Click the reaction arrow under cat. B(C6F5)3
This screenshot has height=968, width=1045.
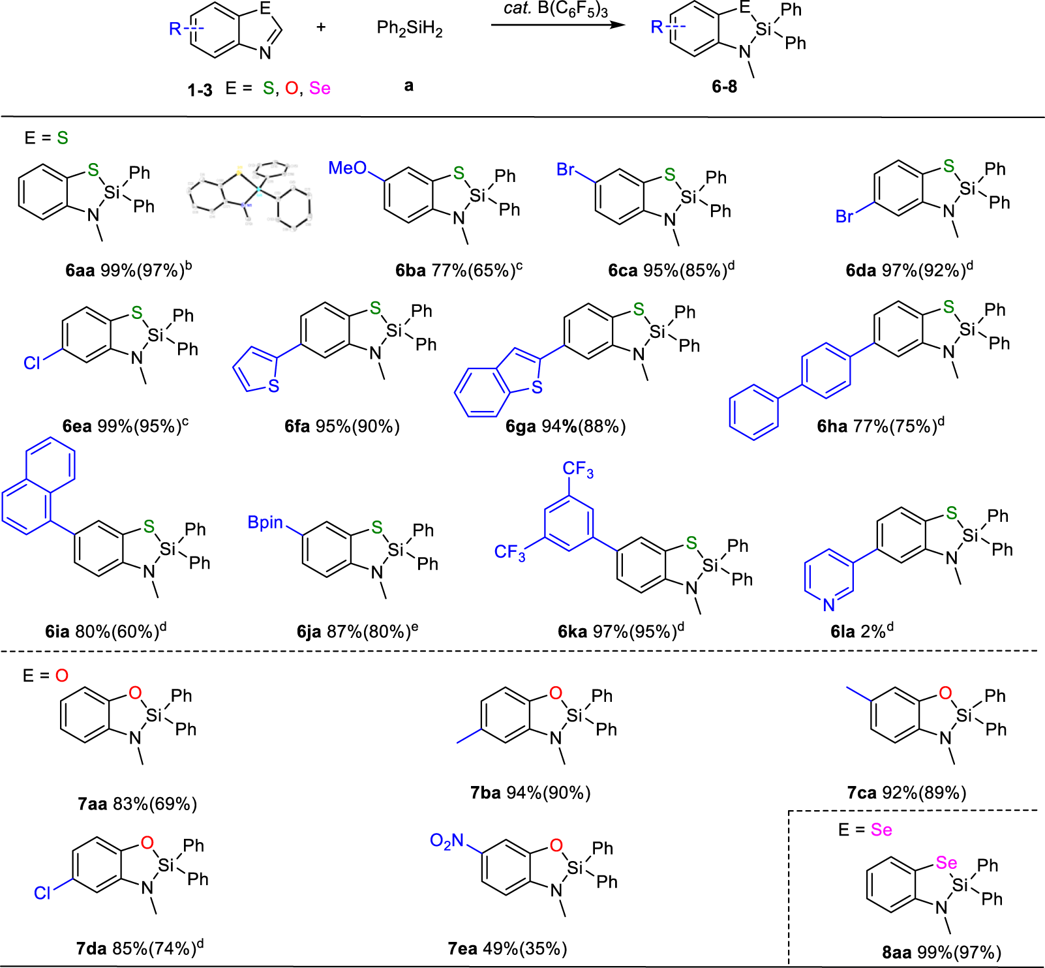[x=558, y=25]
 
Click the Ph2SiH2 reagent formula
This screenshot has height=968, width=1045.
[x=410, y=29]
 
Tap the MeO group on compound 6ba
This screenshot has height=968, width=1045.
[x=347, y=168]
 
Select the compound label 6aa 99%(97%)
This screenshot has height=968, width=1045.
[x=128, y=269]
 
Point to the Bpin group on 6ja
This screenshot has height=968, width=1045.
[x=265, y=522]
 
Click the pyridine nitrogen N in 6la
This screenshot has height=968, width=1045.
[x=828, y=605]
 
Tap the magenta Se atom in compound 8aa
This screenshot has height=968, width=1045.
[x=946, y=863]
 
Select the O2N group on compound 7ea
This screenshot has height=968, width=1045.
[x=447, y=841]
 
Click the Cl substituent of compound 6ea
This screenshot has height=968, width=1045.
[x=32, y=363]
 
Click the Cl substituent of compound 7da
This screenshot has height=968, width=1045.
[x=42, y=893]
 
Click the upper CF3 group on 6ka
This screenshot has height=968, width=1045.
[x=578, y=469]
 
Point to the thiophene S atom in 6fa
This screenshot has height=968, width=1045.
[x=274, y=386]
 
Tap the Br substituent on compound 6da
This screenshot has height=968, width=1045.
[x=844, y=217]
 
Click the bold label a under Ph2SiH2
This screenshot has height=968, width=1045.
[x=409, y=85]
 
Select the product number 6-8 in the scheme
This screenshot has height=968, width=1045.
[x=724, y=86]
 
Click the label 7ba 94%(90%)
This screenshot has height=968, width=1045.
[x=530, y=793]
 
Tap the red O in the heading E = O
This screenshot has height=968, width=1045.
[x=61, y=676]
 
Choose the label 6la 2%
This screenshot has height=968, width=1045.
[x=861, y=631]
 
